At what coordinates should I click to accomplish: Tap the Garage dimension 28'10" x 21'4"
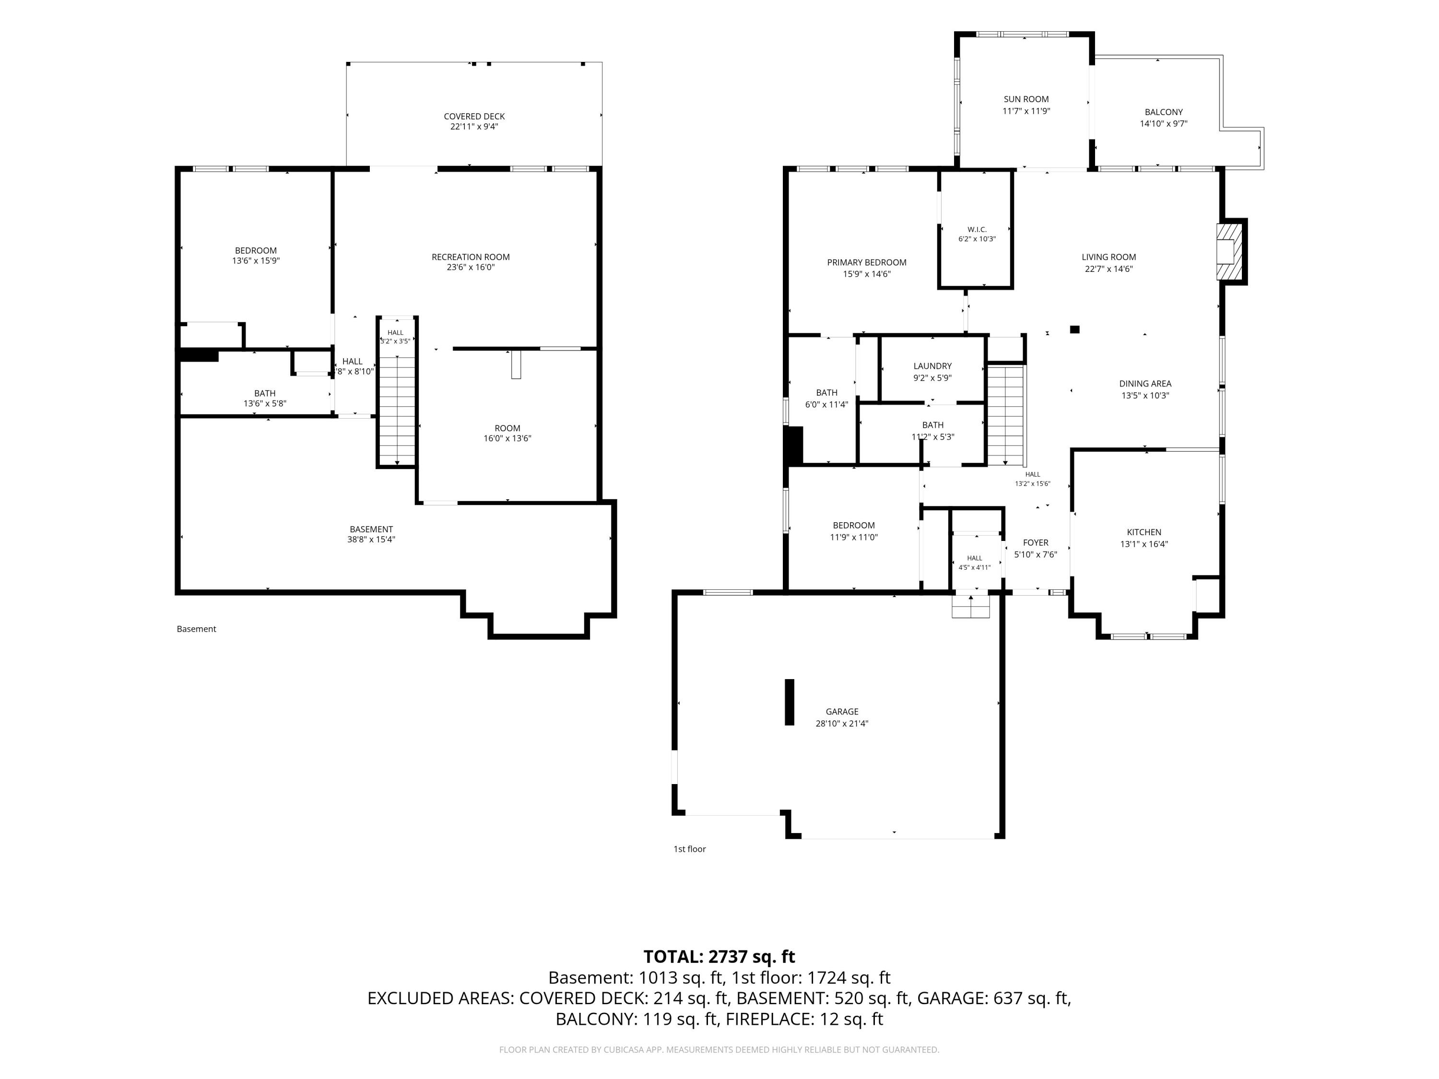pos(842,723)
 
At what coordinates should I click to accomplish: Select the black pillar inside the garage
pos(790,702)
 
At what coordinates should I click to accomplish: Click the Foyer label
pos(1035,542)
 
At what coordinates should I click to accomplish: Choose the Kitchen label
pos(1144,532)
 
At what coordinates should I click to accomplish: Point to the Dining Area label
pos(1145,384)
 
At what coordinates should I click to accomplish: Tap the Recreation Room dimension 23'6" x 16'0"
pos(471,267)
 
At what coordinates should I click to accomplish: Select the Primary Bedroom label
pos(867,263)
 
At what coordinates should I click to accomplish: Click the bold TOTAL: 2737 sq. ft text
pos(719,957)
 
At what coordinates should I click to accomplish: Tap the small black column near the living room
pos(1075,330)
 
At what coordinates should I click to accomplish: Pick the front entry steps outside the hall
pos(971,606)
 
